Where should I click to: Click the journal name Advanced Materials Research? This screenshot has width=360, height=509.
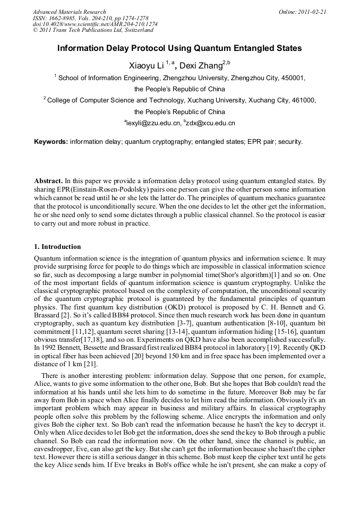click(69, 12)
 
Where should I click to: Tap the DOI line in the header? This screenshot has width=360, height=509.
click(95, 24)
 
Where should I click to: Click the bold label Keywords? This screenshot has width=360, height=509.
click(51, 142)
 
